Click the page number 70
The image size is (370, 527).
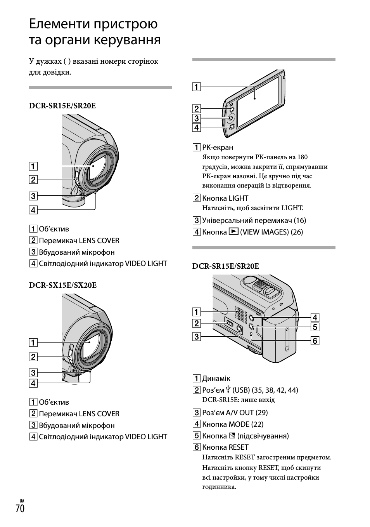coord(20,508)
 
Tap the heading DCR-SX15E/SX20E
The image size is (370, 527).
coord(63,285)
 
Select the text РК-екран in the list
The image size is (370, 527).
coord(218,148)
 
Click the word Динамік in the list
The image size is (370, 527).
coord(216,379)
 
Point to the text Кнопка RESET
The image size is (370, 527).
coord(225,447)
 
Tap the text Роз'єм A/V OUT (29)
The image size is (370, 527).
coord(235,413)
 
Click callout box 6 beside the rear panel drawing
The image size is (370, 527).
coord(315,341)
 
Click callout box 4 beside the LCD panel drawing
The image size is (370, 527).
coord(197,127)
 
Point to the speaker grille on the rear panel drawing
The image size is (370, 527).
coord(240,312)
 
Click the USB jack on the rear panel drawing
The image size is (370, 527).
coord(229,323)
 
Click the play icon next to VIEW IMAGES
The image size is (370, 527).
coord(233,232)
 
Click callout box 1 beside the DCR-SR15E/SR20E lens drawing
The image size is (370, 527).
coord(33,167)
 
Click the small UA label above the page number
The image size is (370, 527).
coord(21,501)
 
